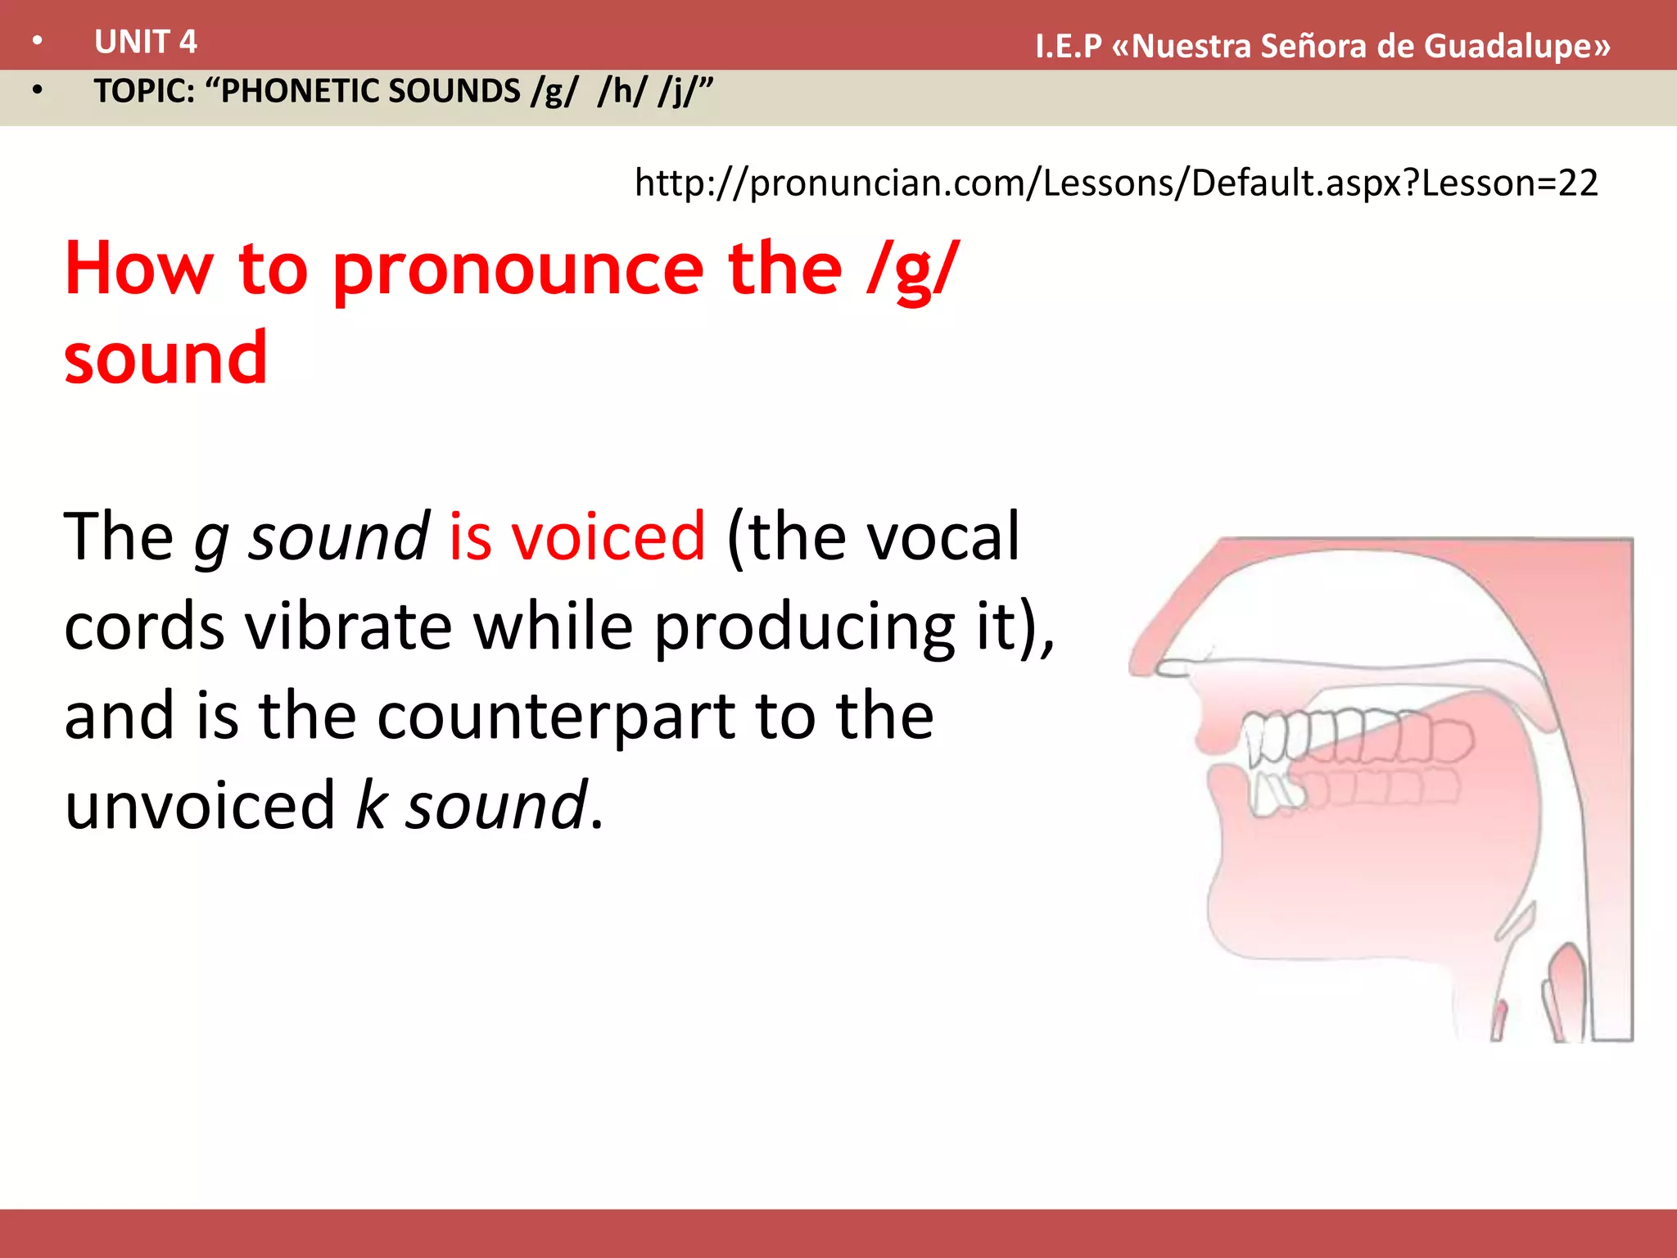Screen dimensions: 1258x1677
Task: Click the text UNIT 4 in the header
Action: pyautogui.click(x=145, y=42)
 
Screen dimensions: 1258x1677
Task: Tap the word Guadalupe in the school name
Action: pyautogui.click(x=1517, y=47)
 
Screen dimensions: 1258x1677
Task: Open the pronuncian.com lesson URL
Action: pyautogui.click(x=1115, y=183)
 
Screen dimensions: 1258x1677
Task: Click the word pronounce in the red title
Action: pyautogui.click(x=518, y=269)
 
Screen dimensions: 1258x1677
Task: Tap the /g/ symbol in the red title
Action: pyautogui.click(x=912, y=269)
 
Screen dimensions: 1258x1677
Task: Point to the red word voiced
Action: pyautogui.click(x=608, y=536)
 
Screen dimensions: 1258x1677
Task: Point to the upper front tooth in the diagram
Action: pyautogui.click(x=1254, y=741)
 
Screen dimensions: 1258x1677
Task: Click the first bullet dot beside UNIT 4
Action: pyautogui.click(x=38, y=42)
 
